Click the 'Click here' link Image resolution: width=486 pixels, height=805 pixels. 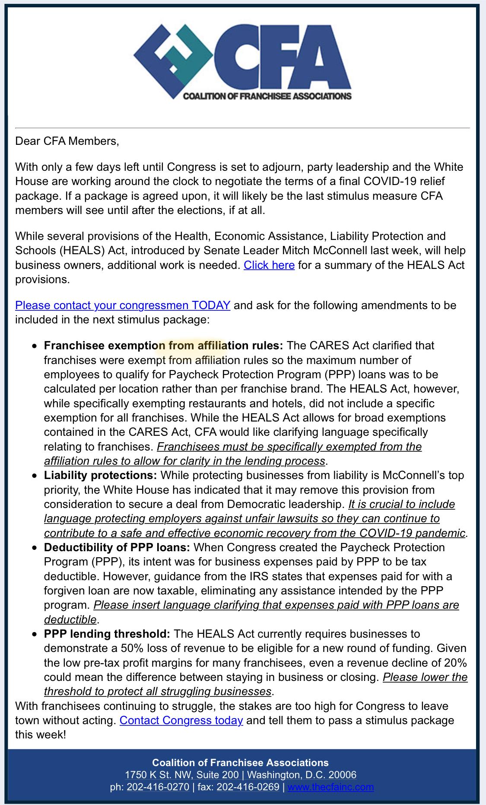pyautogui.click(x=269, y=265)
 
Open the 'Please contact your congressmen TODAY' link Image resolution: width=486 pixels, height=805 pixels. pyautogui.click(x=123, y=305)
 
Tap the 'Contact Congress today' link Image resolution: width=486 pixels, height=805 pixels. pyautogui.click(x=181, y=720)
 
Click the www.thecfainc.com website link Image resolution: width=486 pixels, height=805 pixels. pyautogui.click(x=330, y=787)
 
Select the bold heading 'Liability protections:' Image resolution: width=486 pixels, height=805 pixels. pyautogui.click(x=100, y=475)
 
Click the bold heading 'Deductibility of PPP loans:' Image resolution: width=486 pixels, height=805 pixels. pyautogui.click(x=117, y=547)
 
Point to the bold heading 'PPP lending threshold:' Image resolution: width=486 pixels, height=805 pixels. pyautogui.click(x=107, y=634)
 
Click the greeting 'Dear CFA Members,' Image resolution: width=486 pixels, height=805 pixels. pyautogui.click(x=67, y=141)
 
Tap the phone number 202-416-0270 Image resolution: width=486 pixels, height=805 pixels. pyautogui.click(x=158, y=787)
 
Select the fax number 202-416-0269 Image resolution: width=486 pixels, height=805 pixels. pyautogui.click(x=248, y=787)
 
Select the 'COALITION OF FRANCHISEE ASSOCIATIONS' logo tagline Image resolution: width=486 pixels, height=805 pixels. pyautogui.click(x=267, y=96)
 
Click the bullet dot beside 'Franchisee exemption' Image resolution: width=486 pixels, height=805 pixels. pyautogui.click(x=35, y=346)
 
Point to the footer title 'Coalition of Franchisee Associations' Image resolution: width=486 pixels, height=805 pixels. pyautogui.click(x=240, y=763)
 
